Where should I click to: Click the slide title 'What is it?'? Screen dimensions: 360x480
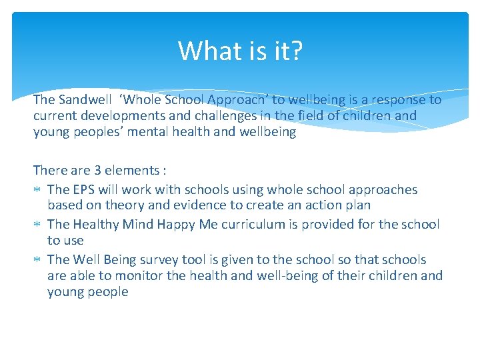pyautogui.click(x=240, y=51)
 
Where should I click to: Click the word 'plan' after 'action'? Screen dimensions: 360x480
pyautogui.click(x=356, y=206)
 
